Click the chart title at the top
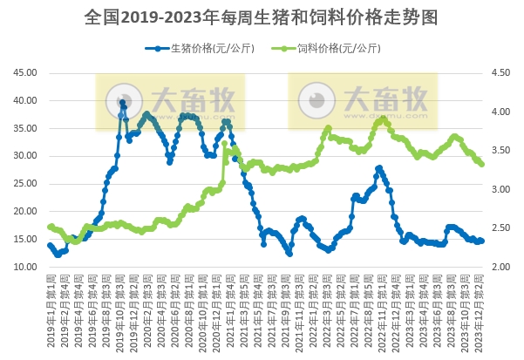[262, 17]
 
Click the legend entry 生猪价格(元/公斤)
[201, 48]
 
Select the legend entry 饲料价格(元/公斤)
[330, 48]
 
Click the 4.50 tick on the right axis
[502, 73]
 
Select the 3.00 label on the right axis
[502, 189]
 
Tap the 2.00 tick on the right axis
[502, 267]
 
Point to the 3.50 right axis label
[502, 151]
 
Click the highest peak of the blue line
[123, 102]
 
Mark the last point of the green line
[482, 164]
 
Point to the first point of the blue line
[50, 245]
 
